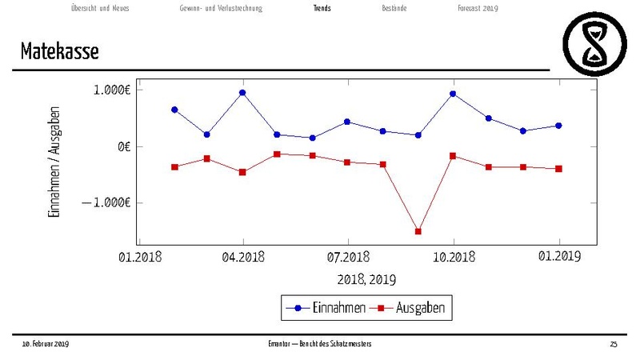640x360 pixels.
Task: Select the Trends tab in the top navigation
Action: tap(322, 9)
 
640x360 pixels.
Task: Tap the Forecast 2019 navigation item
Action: tap(478, 9)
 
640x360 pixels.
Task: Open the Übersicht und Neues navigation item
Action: tap(100, 9)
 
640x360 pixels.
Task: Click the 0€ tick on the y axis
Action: tap(122, 146)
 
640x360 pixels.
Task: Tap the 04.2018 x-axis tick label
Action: tap(243, 258)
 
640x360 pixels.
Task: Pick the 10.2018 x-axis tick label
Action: tap(454, 258)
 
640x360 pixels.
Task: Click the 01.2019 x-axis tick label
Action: tap(558, 258)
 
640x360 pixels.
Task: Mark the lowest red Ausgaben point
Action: tap(418, 231)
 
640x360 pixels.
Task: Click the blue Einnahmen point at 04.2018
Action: tap(242, 92)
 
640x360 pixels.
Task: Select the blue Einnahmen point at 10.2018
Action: tap(454, 94)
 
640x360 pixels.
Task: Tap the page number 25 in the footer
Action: tap(614, 344)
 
